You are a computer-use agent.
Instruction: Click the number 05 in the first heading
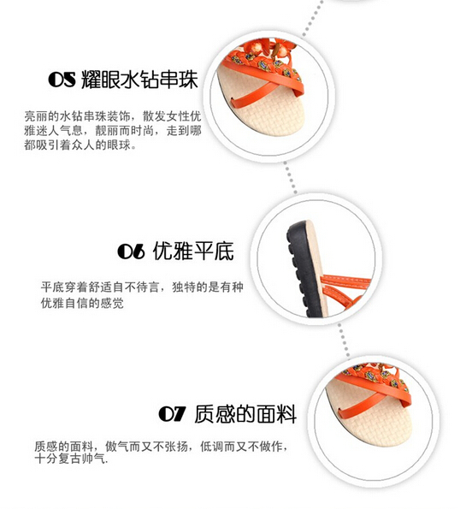[62, 80]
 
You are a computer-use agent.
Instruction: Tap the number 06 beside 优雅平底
[132, 252]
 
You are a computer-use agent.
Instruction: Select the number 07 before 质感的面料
[173, 414]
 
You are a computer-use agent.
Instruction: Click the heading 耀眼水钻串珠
[139, 79]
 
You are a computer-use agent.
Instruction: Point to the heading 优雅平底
[193, 251]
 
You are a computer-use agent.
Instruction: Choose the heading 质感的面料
[245, 414]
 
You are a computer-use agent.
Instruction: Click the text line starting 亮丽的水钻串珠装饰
[113, 115]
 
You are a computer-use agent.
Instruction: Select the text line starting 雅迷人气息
[113, 131]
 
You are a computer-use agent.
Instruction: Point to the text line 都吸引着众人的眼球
[80, 145]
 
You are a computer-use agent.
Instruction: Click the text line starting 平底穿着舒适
[142, 287]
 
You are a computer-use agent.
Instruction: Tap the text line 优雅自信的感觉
[82, 303]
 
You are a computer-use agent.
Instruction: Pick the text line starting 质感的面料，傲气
[162, 447]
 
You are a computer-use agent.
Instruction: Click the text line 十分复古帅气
[71, 459]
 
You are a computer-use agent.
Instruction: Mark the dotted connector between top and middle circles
[291, 178]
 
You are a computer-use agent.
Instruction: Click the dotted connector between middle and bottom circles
[344, 340]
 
